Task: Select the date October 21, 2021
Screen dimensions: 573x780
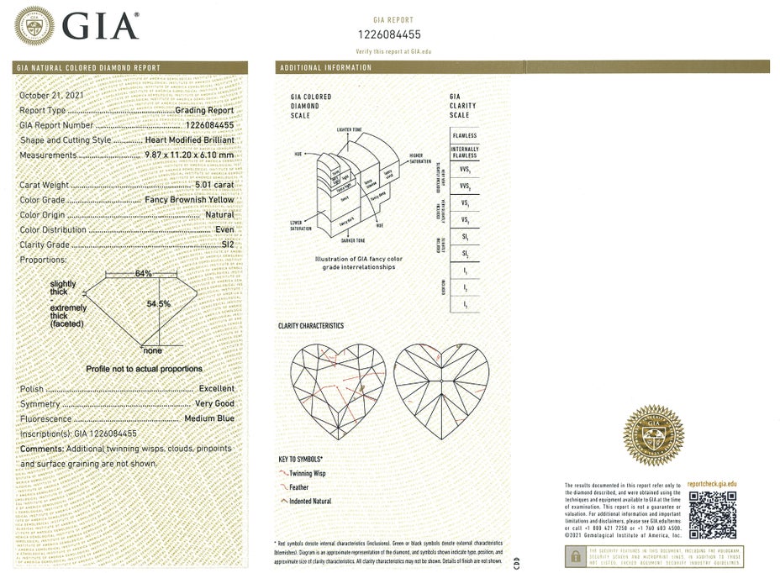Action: (52, 96)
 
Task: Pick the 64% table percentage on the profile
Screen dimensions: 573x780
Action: (144, 274)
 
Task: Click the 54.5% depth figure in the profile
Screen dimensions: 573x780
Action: (159, 303)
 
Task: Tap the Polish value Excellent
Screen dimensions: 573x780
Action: (216, 390)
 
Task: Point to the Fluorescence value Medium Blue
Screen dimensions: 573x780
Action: (206, 418)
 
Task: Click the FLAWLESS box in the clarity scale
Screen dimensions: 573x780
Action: (464, 135)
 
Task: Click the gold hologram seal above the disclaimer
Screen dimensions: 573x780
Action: (652, 434)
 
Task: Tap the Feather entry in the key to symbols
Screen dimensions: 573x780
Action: (298, 487)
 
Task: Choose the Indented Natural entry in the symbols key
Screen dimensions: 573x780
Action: (309, 502)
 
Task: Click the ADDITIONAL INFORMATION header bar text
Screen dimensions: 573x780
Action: (325, 67)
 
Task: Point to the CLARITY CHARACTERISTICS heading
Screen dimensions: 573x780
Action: (310, 326)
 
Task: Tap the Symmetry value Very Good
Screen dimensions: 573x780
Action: (214, 404)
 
